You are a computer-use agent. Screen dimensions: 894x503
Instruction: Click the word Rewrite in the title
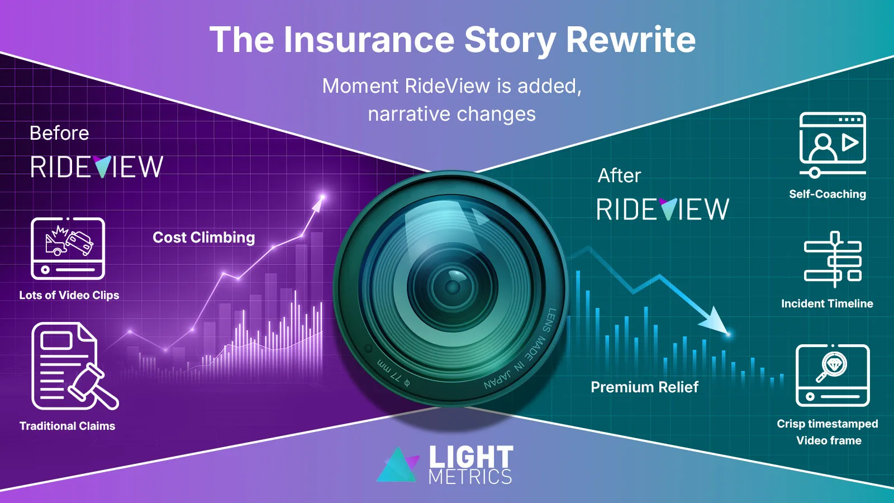coord(631,40)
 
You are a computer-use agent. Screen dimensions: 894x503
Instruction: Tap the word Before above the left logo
coord(59,133)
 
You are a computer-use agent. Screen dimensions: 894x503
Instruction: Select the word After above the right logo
coord(619,175)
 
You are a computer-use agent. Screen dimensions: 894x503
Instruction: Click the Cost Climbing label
coord(203,238)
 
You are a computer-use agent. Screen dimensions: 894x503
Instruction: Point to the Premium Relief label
coord(645,387)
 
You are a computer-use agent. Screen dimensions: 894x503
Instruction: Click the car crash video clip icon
coord(68,248)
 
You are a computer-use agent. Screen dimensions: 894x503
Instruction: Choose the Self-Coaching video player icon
coord(833,145)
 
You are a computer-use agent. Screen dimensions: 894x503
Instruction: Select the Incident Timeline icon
coord(833,259)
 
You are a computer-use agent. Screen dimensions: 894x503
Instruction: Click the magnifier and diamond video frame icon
coord(833,375)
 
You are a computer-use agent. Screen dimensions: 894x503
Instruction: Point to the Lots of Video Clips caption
coord(69,295)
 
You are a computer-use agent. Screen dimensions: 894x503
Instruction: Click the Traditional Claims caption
coord(67,426)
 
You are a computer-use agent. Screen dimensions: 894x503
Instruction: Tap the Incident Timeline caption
coord(827,303)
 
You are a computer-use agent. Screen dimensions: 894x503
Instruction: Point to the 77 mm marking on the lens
coord(393,374)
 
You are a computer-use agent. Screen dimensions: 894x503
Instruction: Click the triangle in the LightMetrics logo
coord(398,464)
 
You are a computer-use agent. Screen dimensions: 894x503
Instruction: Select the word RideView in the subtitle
coord(448,86)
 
